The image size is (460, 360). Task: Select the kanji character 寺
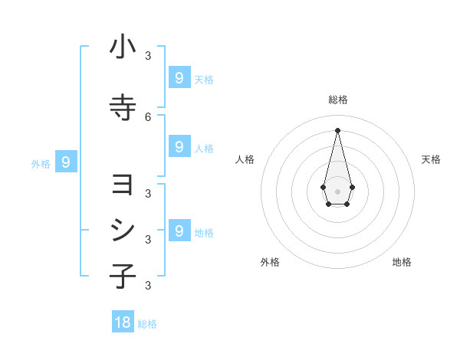coord(123,108)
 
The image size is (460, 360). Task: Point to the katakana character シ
coord(123,231)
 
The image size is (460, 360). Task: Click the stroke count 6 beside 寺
coord(148,116)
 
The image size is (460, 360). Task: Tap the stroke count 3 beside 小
coord(148,55)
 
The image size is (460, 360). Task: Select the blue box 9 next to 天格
coord(179,77)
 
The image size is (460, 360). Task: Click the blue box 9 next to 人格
coord(179,147)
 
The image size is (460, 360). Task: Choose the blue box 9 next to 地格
coord(179,231)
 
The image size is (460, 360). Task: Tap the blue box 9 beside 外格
coord(66,162)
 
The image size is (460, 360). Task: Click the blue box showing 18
coord(123,322)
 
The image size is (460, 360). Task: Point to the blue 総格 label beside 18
coord(147,324)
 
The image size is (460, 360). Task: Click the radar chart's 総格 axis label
coord(337,100)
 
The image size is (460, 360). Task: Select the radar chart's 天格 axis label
coord(431,159)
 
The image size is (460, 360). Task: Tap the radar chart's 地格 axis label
coord(402,262)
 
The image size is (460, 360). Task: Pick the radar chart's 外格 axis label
coord(270,262)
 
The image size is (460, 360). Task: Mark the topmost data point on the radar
coord(337,129)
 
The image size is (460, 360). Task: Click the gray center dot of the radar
coord(337,190)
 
